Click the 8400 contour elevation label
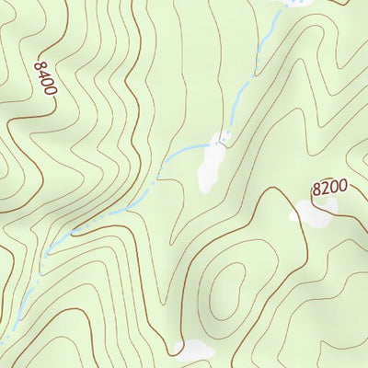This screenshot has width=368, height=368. click(x=45, y=80)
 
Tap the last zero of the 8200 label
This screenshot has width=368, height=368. click(x=342, y=186)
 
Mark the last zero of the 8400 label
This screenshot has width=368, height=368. click(x=51, y=93)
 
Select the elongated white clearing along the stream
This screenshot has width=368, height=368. click(x=211, y=166)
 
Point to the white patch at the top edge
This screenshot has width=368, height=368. click(x=293, y=4)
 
